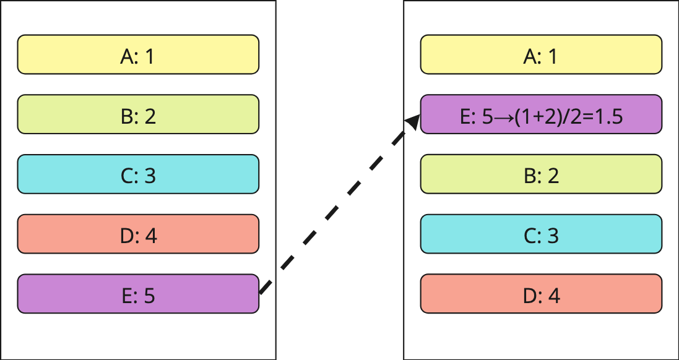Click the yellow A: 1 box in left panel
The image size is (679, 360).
[138, 54]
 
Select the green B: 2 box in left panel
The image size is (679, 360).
[138, 114]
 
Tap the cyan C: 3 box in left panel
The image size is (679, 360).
[138, 174]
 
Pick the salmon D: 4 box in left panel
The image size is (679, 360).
[138, 234]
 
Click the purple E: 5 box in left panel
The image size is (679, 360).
[138, 294]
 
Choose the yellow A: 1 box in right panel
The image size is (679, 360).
[542, 54]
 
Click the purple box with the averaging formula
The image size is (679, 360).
[542, 114]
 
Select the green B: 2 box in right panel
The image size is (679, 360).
[542, 174]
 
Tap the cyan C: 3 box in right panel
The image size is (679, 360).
[542, 234]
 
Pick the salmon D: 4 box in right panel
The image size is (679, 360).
[542, 294]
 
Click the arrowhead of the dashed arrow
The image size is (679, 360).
[413, 122]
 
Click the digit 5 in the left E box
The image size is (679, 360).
[149, 296]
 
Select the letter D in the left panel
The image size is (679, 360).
[126, 236]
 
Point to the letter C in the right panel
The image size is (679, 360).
[530, 236]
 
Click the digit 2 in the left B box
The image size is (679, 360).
[150, 117]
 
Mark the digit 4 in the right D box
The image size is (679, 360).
[554, 296]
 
